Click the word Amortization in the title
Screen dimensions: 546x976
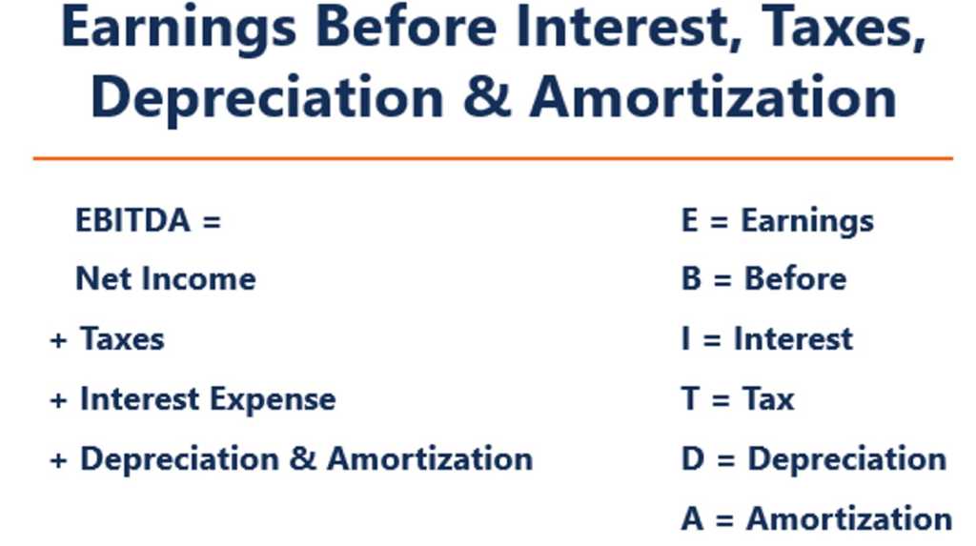713,96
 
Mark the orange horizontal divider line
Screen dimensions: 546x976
492,158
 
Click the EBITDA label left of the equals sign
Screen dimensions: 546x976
133,221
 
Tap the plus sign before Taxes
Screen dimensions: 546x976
58,340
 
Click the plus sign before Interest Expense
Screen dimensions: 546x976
58,400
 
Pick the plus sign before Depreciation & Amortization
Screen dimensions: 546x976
58,460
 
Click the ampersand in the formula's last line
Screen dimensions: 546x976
302,459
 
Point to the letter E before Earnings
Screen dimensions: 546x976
689,221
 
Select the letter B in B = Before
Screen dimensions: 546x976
690,279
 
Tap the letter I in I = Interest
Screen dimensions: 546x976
685,339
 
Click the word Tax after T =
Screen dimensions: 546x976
768,399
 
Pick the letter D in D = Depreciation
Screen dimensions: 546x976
691,459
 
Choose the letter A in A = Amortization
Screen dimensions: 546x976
691,519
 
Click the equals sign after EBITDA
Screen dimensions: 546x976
211,222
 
